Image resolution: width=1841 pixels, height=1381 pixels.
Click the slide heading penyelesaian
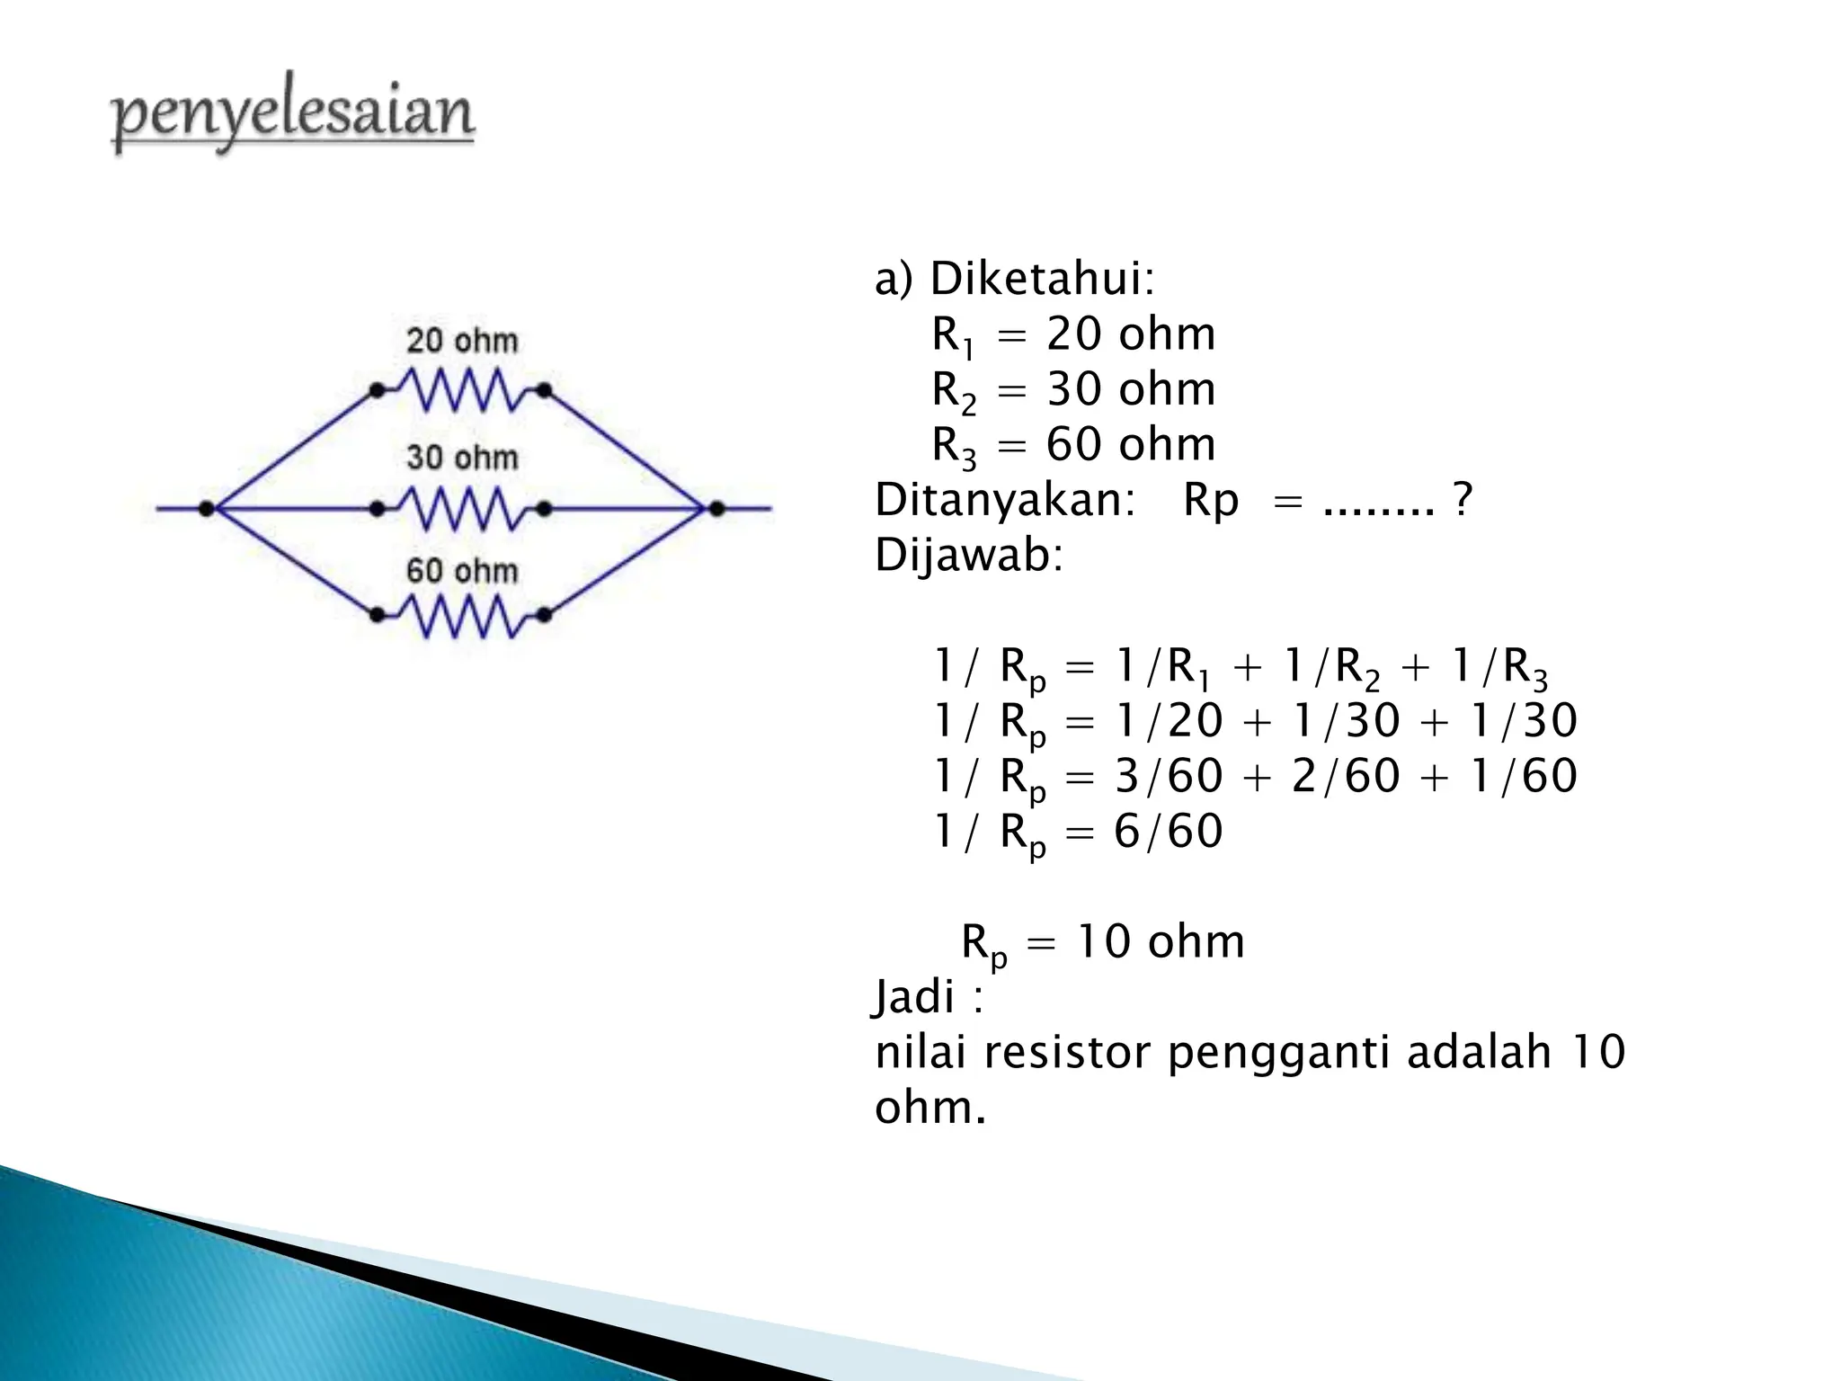point(292,114)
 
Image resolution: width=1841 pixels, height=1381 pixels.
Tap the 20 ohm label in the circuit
point(462,341)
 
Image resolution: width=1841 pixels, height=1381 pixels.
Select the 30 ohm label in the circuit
point(462,458)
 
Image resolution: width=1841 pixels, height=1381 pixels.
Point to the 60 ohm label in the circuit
point(462,571)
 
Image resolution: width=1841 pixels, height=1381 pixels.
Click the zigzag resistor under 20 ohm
point(460,392)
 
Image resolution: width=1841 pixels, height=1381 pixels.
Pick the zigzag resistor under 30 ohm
point(460,509)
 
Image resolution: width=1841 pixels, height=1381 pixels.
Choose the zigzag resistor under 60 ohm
point(460,617)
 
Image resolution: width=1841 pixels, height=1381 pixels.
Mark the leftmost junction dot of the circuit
point(207,509)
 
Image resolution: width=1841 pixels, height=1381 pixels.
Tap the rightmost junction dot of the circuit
point(716,509)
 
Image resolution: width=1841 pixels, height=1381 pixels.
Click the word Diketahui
point(1041,279)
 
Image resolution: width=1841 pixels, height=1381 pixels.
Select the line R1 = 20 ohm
point(1073,335)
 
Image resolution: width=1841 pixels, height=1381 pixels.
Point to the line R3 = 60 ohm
point(1073,446)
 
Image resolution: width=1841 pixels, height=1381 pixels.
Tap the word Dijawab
point(968,556)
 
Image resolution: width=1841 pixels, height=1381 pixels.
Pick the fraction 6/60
point(1168,832)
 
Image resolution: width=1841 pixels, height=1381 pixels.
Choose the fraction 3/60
point(1168,776)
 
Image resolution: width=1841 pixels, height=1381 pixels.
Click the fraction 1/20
point(1168,721)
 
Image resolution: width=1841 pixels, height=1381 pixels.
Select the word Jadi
point(914,997)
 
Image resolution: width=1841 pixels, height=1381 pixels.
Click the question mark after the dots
point(1463,500)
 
